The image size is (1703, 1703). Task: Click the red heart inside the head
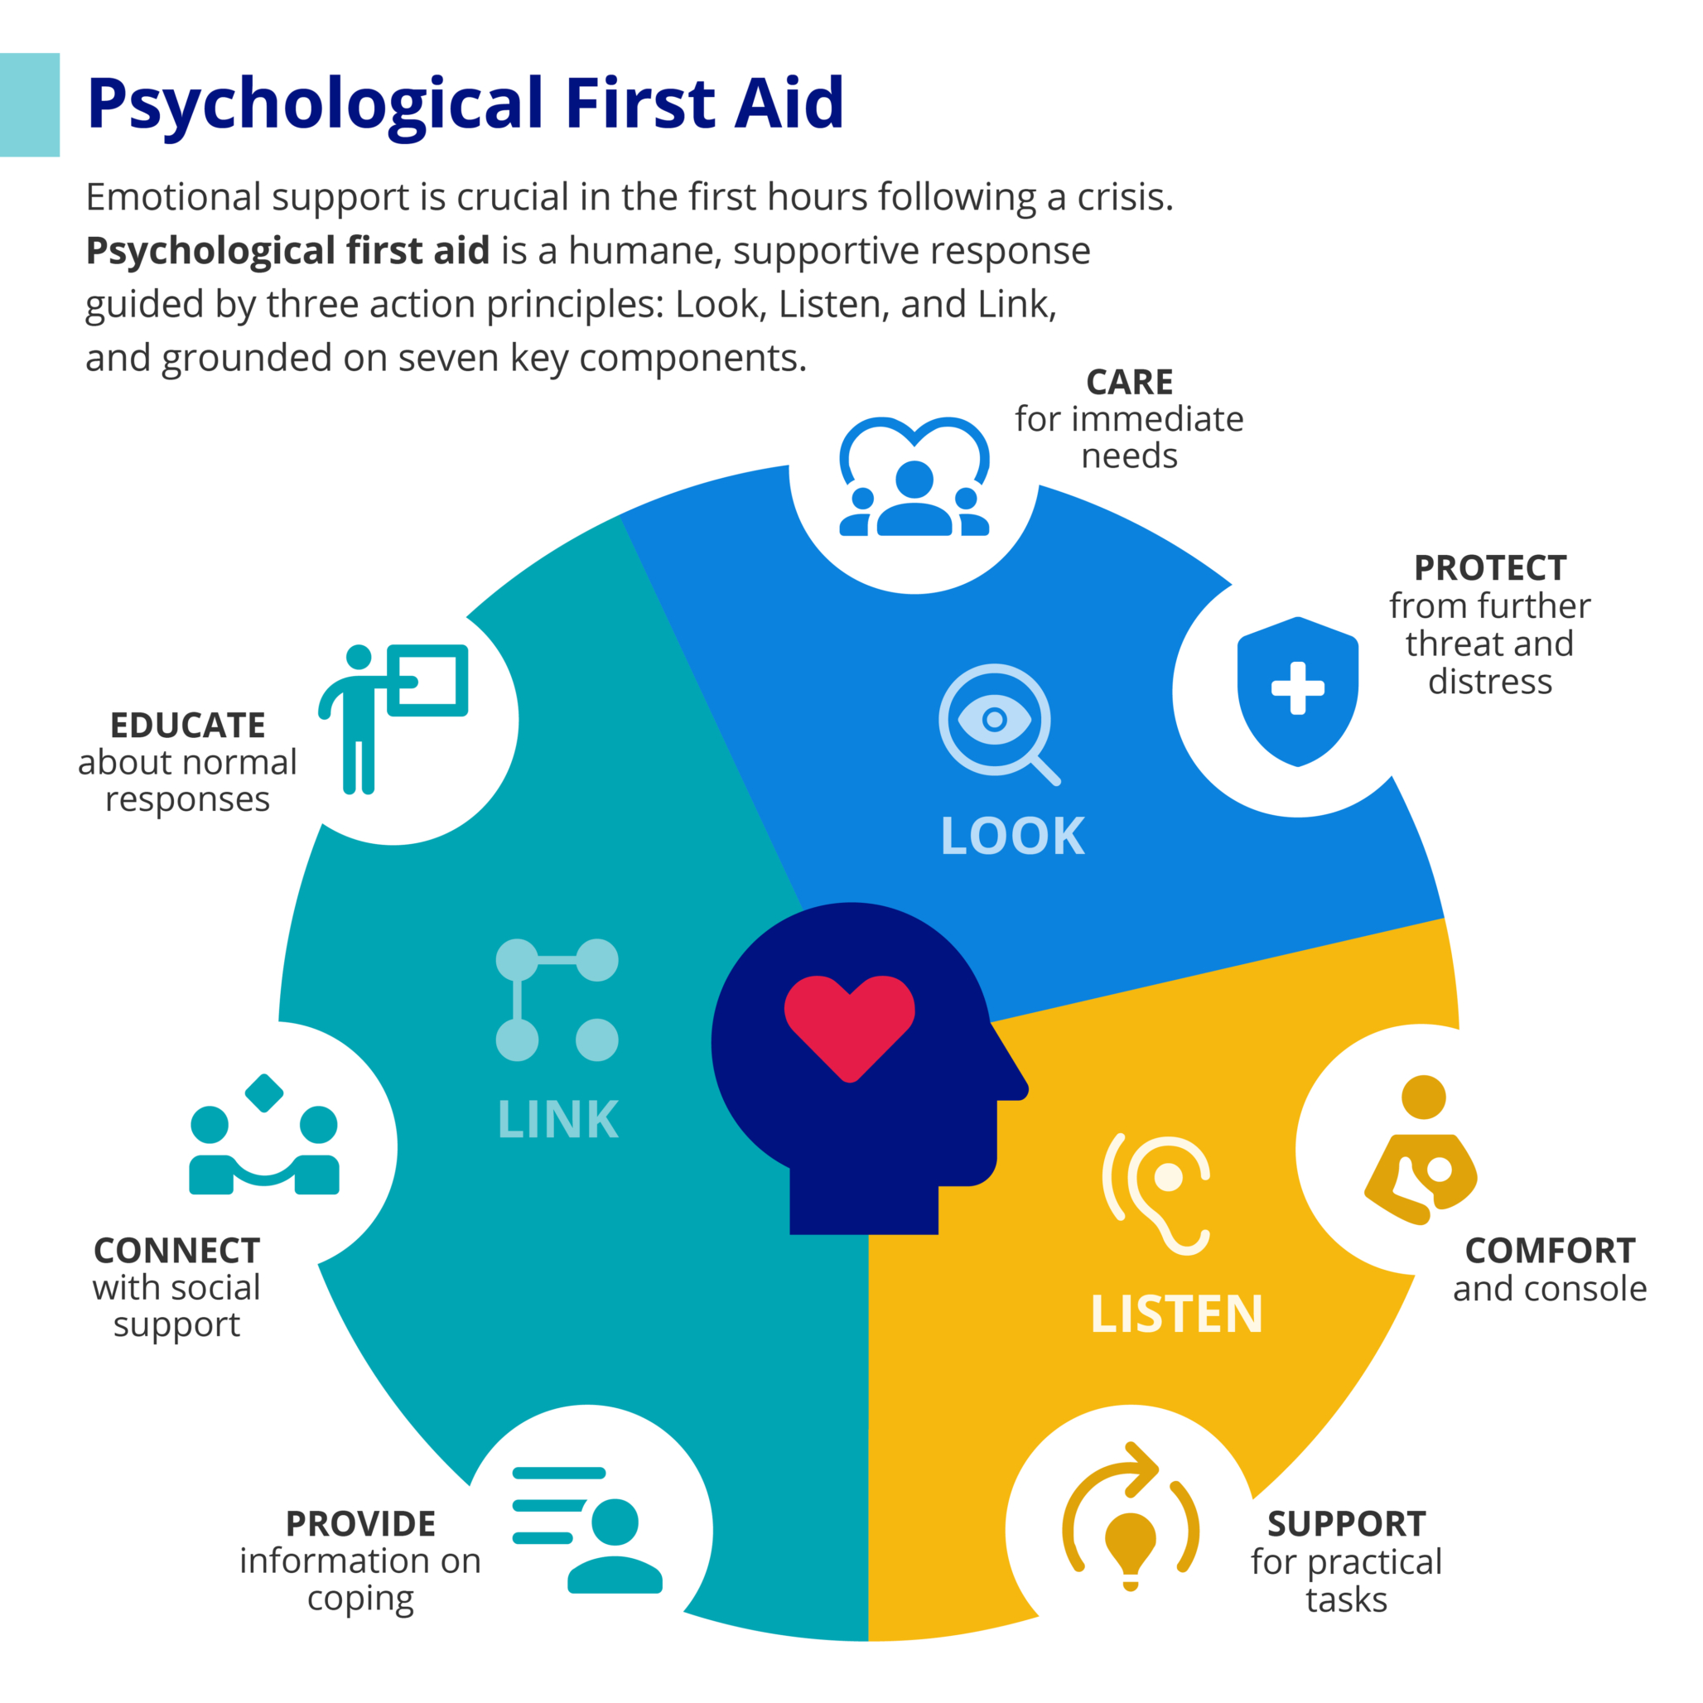849,1026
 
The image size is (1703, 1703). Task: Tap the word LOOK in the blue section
1012,836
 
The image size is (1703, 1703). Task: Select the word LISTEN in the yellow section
1176,1315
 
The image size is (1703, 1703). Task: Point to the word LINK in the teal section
558,1120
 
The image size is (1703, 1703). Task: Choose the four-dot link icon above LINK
557,1000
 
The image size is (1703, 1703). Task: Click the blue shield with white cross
1297,691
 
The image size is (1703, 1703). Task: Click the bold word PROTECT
1489,568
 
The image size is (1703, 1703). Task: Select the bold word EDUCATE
188,726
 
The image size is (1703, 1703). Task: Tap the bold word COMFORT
1550,1251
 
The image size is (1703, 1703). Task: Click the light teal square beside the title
29,105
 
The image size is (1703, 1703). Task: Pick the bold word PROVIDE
360,1524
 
